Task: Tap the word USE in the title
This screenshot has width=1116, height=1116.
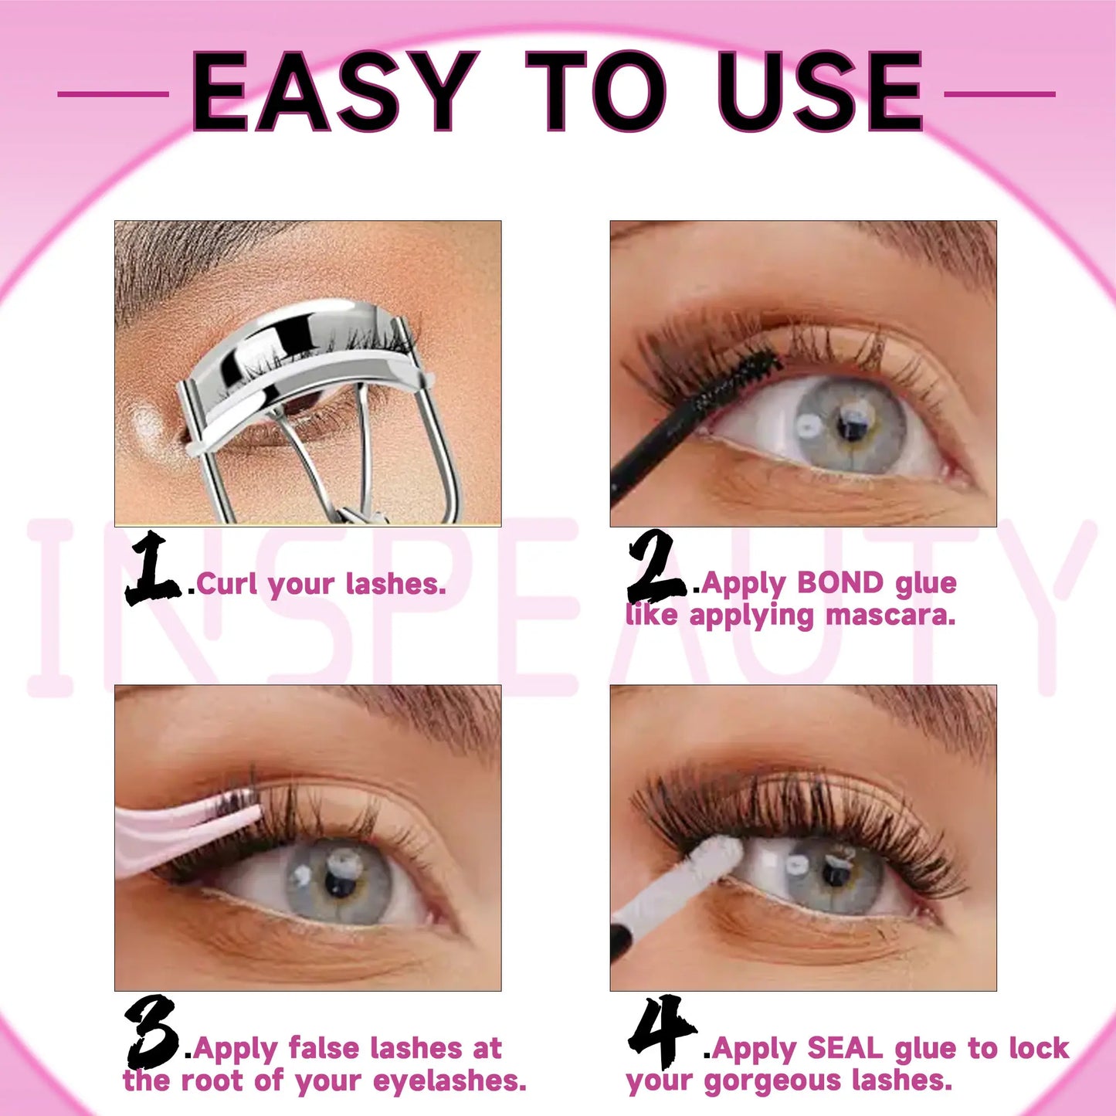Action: tap(819, 93)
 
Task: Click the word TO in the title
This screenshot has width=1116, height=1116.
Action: tap(595, 93)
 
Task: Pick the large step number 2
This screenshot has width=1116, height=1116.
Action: tap(655, 568)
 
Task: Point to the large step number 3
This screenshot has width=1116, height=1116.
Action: tap(152, 1033)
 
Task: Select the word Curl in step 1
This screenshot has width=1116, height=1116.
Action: tap(227, 584)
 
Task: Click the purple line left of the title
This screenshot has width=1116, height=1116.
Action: tap(114, 94)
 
